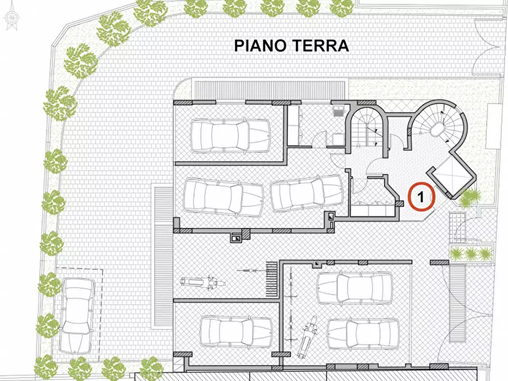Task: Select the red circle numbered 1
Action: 422,197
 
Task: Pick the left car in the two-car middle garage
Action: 224,196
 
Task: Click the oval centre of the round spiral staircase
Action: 439,131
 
